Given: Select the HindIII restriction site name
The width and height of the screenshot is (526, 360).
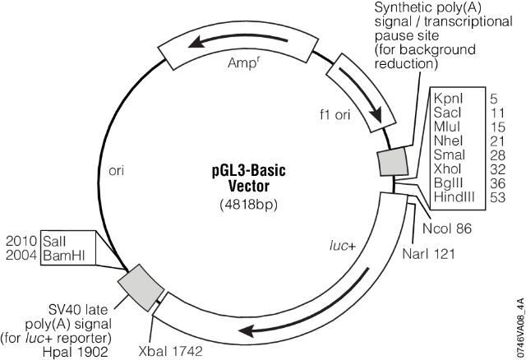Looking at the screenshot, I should [453, 197].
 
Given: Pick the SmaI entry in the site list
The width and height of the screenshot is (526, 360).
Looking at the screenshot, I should [449, 154].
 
